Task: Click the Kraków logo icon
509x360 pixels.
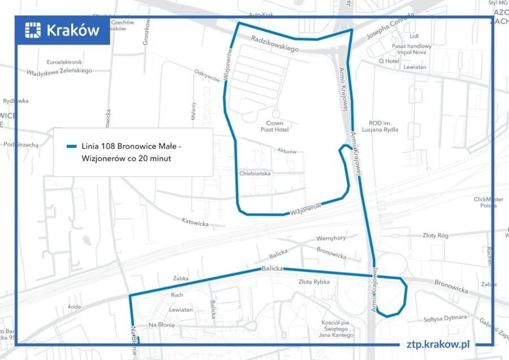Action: pyautogui.click(x=34, y=30)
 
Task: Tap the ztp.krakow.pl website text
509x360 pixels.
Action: pyautogui.click(x=438, y=344)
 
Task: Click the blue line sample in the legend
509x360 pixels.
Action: pyautogui.click(x=71, y=146)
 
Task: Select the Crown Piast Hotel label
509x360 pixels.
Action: pyautogui.click(x=274, y=126)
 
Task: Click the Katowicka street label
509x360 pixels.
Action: pyautogui.click(x=195, y=222)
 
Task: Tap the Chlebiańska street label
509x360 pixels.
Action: pyautogui.click(x=255, y=174)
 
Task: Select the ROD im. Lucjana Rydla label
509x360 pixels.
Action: pyautogui.click(x=383, y=126)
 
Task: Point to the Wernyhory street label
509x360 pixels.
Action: pyautogui.click(x=331, y=238)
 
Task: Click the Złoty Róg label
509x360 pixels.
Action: pyautogui.click(x=435, y=235)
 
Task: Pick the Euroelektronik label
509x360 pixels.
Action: pyautogui.click(x=64, y=62)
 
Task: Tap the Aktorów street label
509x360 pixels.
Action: pyautogui.click(x=287, y=151)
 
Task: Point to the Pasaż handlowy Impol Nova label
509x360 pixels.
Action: pyautogui.click(x=415, y=49)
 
